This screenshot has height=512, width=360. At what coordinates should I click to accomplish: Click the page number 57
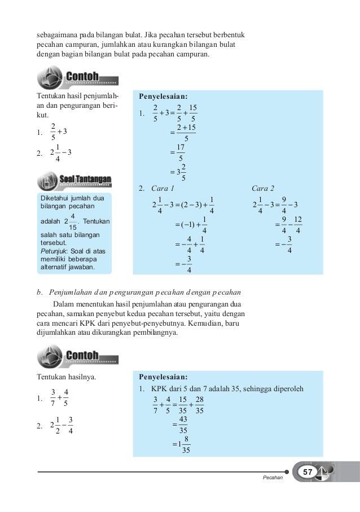point(308,471)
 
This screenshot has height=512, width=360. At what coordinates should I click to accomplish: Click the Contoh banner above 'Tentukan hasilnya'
point(83,356)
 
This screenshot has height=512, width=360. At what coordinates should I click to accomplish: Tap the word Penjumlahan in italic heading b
point(71,292)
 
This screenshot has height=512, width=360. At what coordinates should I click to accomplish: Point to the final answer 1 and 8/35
point(182,444)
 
